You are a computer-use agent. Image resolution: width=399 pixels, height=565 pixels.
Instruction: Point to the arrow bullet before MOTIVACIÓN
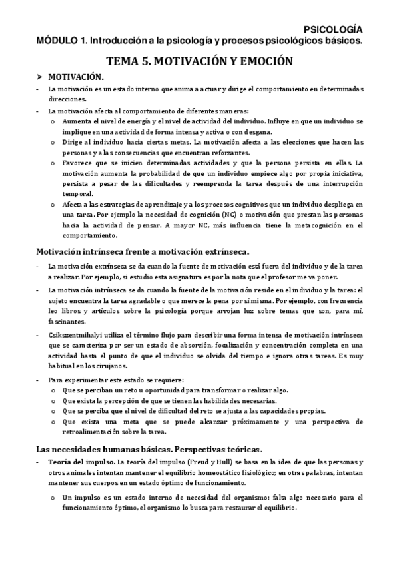[39, 77]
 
